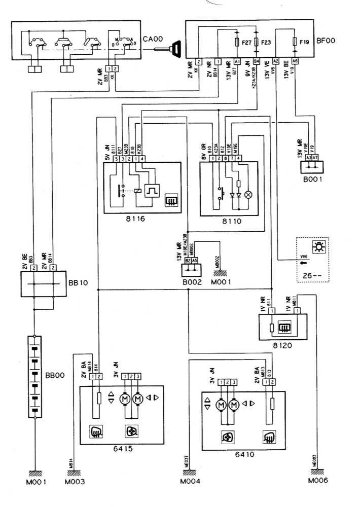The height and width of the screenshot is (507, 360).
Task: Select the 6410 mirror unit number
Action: click(244, 454)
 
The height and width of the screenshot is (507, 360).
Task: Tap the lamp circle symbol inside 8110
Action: click(248, 194)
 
